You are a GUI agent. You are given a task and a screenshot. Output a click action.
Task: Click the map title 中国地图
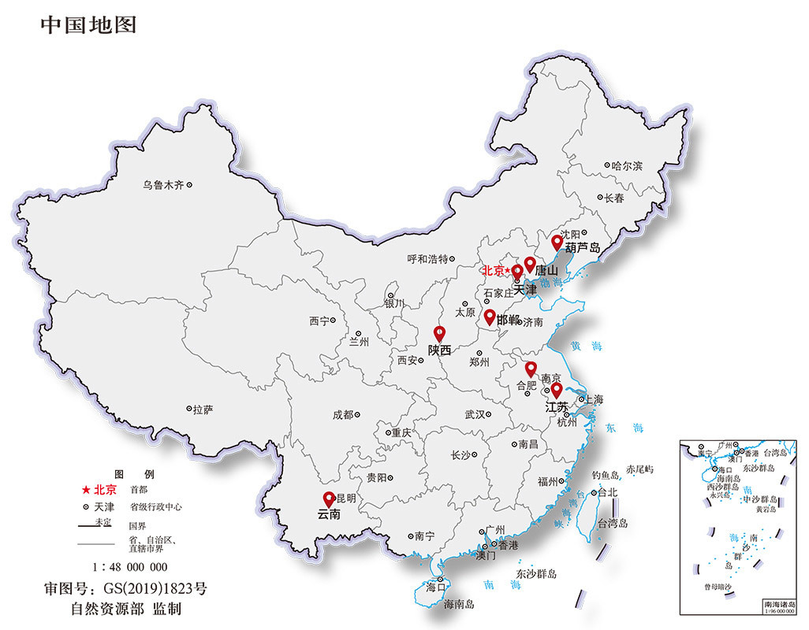[88, 24]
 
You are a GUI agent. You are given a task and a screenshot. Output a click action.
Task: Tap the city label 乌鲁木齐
[162, 185]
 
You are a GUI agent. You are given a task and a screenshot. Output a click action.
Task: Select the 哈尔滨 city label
[628, 166]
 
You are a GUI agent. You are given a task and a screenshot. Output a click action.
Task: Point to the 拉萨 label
[202, 409]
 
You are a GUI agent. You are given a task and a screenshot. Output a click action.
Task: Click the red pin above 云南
[329, 498]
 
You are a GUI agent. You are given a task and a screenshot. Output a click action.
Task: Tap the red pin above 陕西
[440, 333]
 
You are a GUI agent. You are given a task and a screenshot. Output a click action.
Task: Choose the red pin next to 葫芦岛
[557, 241]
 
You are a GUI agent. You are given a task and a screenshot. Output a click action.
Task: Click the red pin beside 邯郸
[489, 317]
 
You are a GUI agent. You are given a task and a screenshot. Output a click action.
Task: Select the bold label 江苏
[557, 407]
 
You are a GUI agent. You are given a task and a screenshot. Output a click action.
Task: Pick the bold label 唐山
[546, 270]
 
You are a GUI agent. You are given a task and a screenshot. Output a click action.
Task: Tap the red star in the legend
[85, 489]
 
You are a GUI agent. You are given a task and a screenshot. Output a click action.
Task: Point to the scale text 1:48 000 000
[129, 566]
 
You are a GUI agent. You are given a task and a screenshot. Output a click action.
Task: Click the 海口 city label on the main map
[436, 587]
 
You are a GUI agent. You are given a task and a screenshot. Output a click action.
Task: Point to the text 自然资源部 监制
[126, 610]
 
